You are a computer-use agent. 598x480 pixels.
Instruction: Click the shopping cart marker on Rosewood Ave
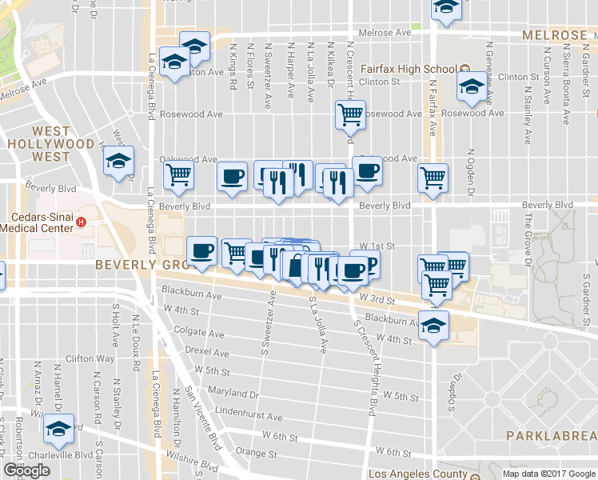point(350,115)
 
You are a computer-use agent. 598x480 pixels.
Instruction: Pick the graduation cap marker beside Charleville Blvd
point(58,430)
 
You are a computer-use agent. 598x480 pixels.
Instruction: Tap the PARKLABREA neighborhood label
point(551,435)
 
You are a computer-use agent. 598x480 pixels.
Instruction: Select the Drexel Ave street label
point(207,353)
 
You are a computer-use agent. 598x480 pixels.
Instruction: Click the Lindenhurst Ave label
point(249,417)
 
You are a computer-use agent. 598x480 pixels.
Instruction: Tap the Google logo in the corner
point(26,470)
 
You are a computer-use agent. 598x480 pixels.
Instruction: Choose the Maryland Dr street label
point(233,394)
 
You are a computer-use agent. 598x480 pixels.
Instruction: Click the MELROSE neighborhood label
point(555,35)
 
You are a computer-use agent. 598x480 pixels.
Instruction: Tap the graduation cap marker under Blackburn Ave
point(434,326)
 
